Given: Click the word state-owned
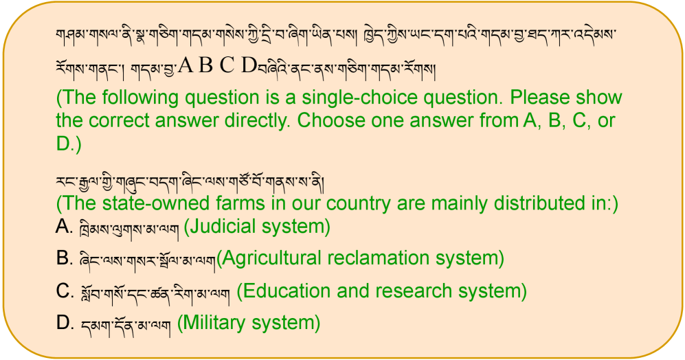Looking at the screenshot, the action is (x=147, y=203).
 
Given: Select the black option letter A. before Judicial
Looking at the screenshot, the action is (x=64, y=226).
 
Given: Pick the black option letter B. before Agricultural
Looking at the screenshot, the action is (x=64, y=258).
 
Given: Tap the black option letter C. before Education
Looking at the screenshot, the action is (x=65, y=291).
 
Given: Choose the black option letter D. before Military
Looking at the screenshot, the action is (x=65, y=323).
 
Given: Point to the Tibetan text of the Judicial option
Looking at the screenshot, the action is (x=129, y=229).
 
